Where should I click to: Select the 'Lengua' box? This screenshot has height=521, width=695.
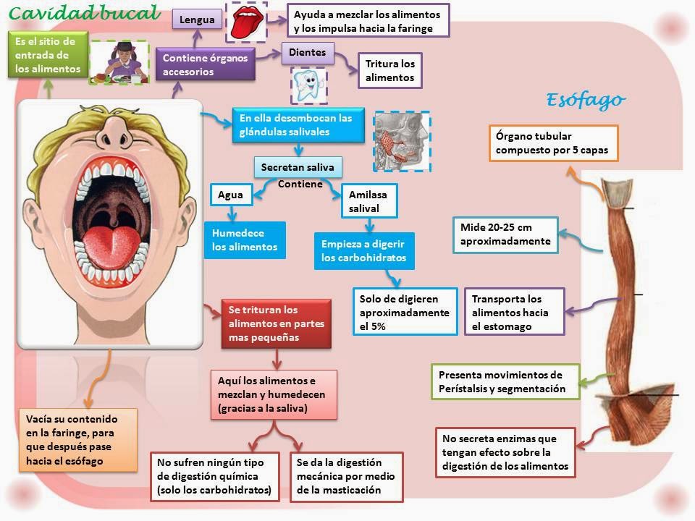click(197, 20)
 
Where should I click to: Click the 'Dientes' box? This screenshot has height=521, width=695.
click(308, 52)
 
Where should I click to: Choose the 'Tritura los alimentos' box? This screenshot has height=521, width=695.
click(389, 71)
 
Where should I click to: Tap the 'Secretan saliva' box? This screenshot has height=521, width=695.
click(298, 167)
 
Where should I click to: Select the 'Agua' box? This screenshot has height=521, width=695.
click(230, 195)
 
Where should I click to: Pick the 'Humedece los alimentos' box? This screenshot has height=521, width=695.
click(245, 240)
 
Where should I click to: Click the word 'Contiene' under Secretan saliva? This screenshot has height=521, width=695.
click(300, 185)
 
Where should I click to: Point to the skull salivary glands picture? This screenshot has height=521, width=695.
click(401, 141)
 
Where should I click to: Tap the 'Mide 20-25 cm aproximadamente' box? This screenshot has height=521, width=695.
click(506, 234)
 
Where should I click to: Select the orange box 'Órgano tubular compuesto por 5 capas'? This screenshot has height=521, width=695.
click(554, 143)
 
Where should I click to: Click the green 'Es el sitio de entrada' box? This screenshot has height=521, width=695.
click(49, 56)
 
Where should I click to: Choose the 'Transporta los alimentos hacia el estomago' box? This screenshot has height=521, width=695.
click(514, 313)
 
